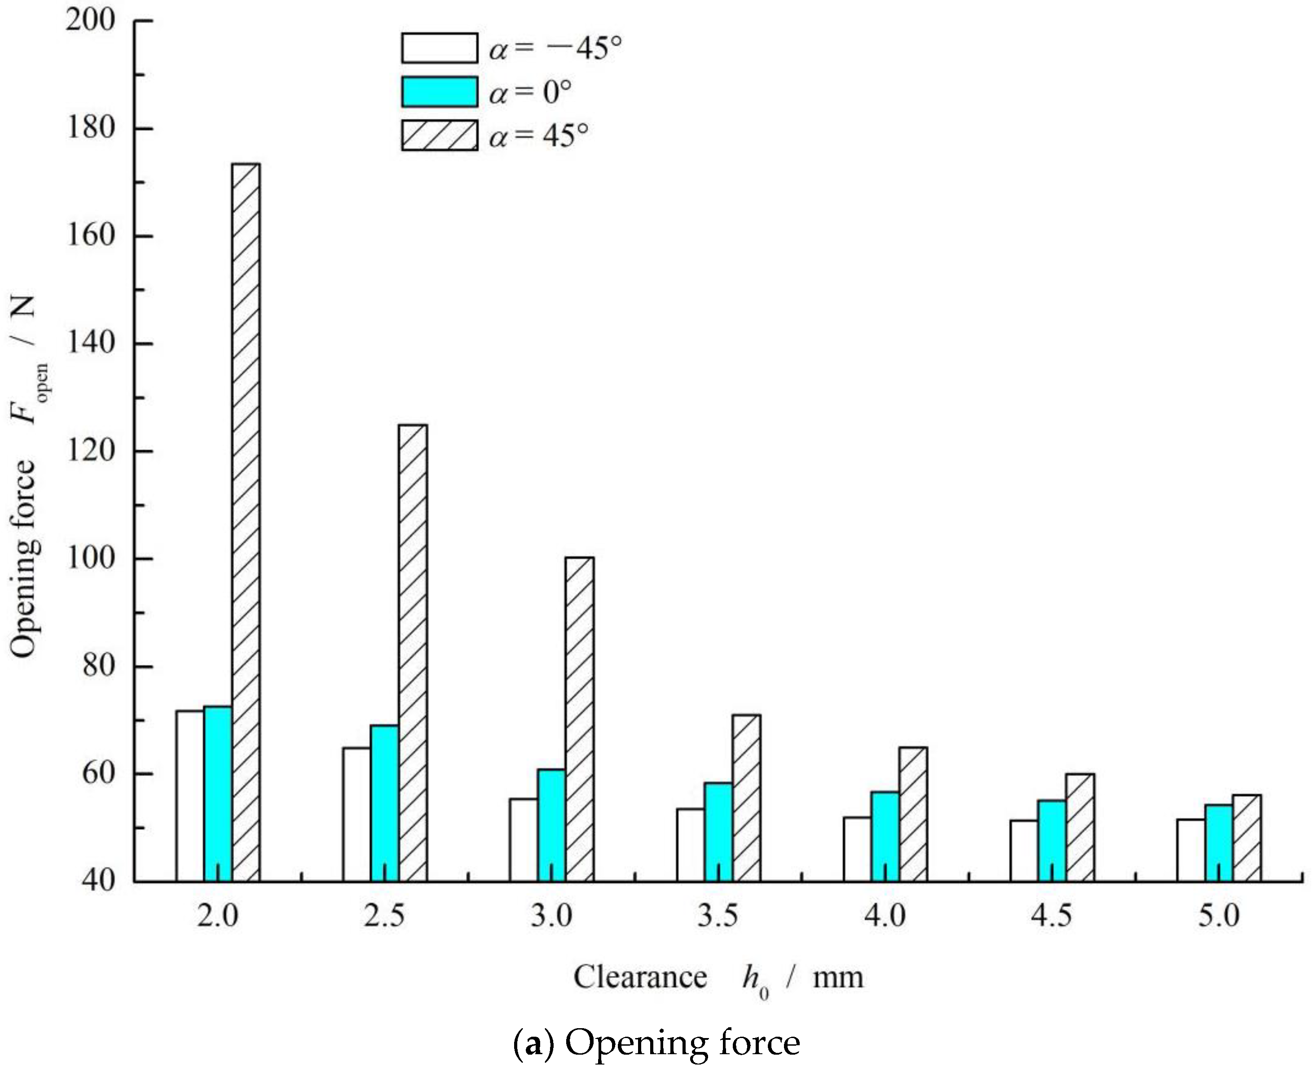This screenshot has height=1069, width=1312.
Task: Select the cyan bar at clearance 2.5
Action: (x=384, y=803)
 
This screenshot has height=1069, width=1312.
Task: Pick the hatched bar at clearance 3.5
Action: (x=746, y=798)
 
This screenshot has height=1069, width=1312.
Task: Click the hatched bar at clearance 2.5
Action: (x=413, y=653)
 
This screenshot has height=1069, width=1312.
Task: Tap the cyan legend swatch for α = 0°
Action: (x=440, y=92)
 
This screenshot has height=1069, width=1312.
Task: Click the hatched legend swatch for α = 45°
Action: (x=440, y=135)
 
